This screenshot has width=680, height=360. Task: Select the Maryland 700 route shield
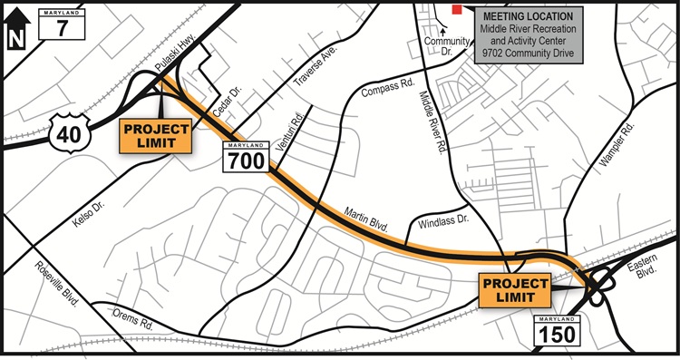pos(245,158)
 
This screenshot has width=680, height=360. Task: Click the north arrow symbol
pos(15,29)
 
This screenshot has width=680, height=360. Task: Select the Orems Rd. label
pos(131,318)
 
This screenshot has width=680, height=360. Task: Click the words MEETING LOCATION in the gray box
pos(527,16)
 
